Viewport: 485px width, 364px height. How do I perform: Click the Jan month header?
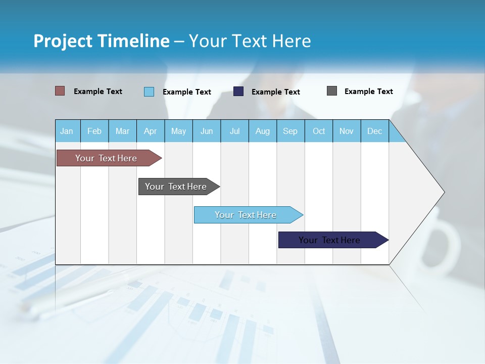click(67, 131)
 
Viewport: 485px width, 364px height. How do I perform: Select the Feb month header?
click(94, 131)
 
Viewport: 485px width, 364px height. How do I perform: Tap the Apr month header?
click(150, 131)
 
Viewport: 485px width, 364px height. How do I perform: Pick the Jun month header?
click(207, 131)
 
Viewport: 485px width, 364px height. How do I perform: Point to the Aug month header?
click(262, 131)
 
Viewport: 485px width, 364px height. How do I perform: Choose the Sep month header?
click(290, 131)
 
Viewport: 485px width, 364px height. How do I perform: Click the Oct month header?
click(319, 131)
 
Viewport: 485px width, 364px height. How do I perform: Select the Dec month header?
click(374, 131)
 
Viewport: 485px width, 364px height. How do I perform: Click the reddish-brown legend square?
click(60, 91)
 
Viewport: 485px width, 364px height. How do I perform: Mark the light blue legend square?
click(149, 92)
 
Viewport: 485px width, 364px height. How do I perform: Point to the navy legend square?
click(238, 92)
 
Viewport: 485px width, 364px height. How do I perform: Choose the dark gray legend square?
click(332, 91)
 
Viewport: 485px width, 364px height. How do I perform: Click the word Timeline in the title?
click(133, 41)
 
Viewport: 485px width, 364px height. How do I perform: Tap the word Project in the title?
click(62, 41)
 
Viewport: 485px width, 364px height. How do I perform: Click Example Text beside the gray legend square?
click(368, 92)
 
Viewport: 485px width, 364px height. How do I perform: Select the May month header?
click(178, 131)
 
